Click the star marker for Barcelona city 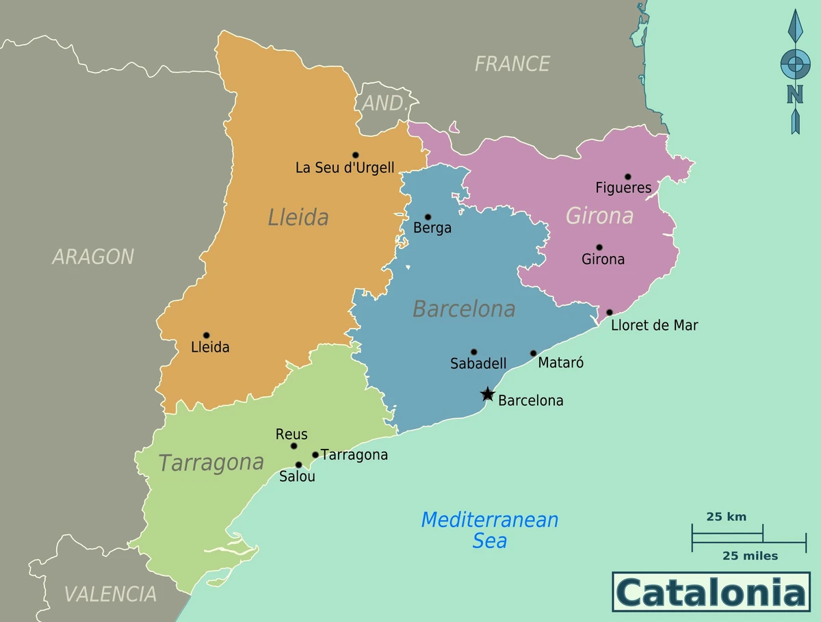click(487, 394)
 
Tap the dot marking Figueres click(627, 177)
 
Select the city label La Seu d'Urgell click(345, 168)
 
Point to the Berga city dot click(428, 217)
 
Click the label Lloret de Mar click(654, 326)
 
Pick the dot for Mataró click(534, 354)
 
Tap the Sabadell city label click(478, 364)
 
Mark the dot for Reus click(294, 446)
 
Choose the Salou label click(297, 477)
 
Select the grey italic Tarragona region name click(211, 463)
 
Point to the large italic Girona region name click(599, 216)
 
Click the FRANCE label click(512, 64)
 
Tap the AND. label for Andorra click(385, 104)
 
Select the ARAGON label click(93, 257)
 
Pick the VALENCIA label click(110, 594)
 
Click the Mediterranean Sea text click(490, 530)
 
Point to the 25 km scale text click(726, 517)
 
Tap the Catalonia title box click(711, 592)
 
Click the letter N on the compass click(794, 94)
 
